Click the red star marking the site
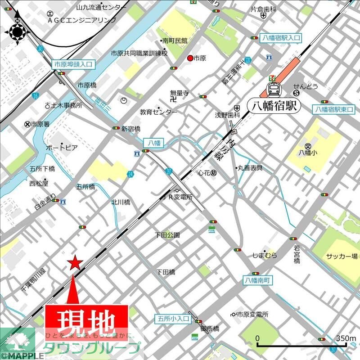tap(74, 263)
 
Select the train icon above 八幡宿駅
tap(273, 89)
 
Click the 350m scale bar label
tap(346, 338)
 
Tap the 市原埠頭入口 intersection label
tap(73, 64)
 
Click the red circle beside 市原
tap(190, 58)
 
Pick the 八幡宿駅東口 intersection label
tap(335, 109)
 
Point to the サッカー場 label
tap(342, 256)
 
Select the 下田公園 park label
tap(167, 235)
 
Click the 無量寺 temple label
tap(179, 94)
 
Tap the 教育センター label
tap(158, 112)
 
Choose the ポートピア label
tap(62, 148)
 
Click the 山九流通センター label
tap(102, 7)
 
